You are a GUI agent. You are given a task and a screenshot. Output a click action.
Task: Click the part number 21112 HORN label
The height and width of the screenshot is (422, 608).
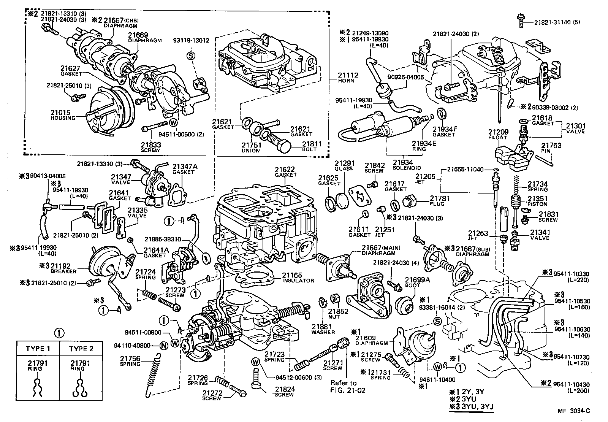tap(348, 78)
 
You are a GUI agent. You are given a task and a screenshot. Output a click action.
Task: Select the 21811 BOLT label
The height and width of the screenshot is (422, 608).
tap(312, 147)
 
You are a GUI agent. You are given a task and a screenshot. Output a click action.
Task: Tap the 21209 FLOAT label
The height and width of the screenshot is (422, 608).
tap(498, 135)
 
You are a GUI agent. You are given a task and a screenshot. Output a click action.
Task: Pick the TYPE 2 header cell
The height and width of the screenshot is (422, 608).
tap(81, 349)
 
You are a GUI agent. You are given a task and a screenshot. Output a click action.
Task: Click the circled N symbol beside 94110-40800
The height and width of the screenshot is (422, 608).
tap(163, 346)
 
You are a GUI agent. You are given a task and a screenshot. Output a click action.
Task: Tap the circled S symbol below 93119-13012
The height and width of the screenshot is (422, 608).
tap(191, 56)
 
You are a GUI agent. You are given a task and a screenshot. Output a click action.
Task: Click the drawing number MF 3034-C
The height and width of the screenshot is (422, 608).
tap(574, 411)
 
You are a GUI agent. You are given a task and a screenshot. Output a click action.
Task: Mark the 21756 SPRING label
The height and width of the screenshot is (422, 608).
tap(130, 361)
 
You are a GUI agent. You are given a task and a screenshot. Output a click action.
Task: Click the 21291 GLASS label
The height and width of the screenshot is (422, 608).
tap(344, 166)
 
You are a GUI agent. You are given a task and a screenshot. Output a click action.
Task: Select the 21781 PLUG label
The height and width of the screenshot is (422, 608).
tap(440, 201)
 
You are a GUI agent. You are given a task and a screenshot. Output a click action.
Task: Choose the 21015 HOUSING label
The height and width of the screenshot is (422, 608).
tap(63, 115)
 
